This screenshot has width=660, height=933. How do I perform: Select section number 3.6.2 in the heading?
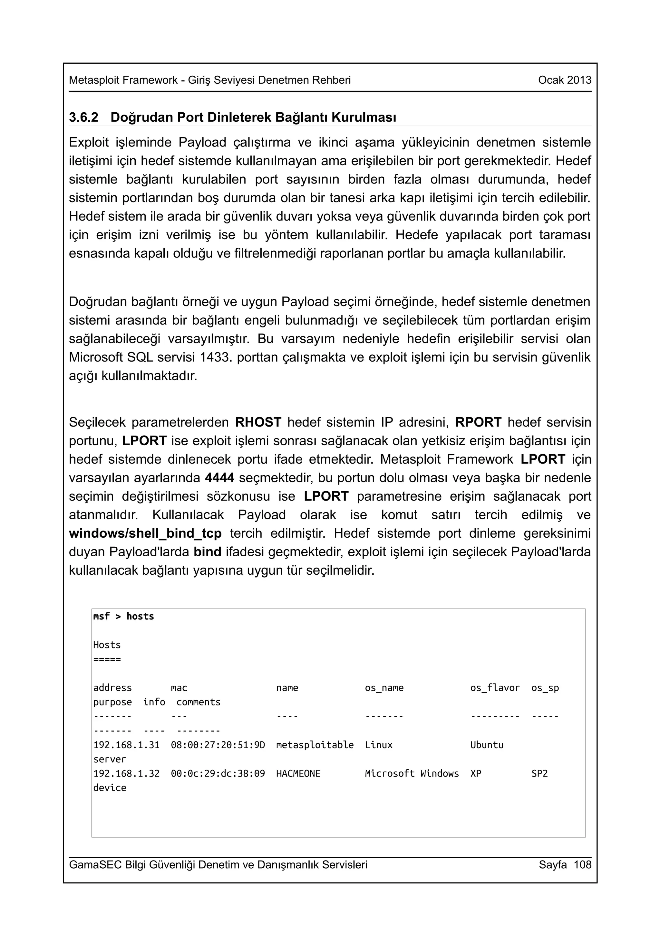tap(83, 118)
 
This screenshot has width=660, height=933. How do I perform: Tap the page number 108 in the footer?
tap(582, 864)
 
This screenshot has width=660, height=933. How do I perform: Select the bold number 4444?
tap(219, 478)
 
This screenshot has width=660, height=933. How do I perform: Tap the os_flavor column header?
tap(494, 688)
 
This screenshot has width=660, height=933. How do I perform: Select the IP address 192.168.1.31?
tap(126, 745)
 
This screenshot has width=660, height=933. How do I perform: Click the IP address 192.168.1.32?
tap(126, 773)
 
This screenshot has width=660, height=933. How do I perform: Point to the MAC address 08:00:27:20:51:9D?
tap(218, 745)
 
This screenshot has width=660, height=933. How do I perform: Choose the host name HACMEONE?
tap(298, 773)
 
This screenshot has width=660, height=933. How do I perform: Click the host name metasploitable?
tap(315, 745)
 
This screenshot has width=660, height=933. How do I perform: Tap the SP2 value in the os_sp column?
tap(539, 773)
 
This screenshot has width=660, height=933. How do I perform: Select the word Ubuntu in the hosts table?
tap(487, 745)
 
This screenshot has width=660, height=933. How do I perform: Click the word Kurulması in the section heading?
tap(364, 118)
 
